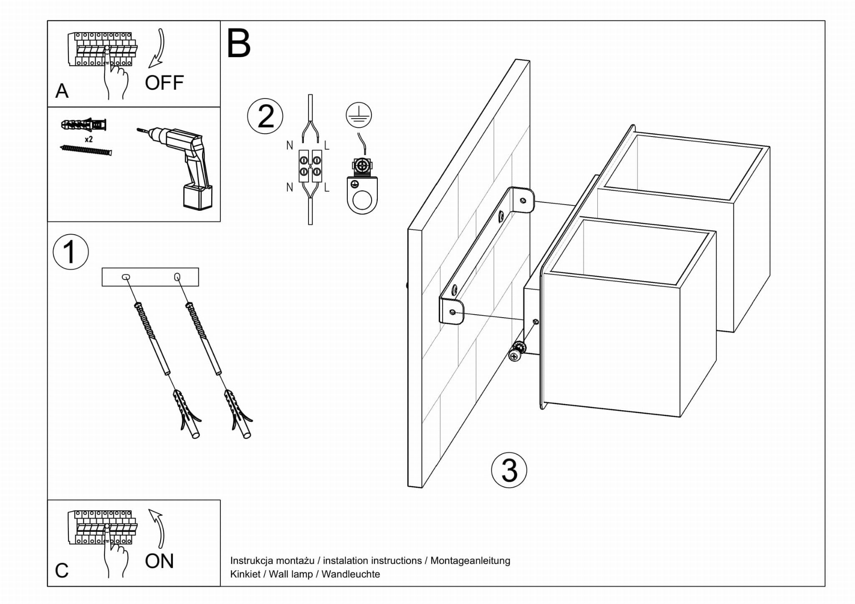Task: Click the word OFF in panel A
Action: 164,83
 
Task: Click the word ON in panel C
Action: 159,561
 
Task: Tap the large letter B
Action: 238,44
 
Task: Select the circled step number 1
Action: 71,252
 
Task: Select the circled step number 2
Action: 265,116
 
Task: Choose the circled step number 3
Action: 509,470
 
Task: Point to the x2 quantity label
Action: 89,139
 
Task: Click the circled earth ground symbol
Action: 359,115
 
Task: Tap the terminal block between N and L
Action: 310,166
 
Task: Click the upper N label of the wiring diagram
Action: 290,145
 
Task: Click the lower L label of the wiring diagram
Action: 326,188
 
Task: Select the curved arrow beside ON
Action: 157,527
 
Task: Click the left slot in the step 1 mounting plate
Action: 126,277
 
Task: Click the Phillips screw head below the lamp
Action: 514,356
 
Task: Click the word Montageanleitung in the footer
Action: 470,561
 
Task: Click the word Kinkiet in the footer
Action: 245,574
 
